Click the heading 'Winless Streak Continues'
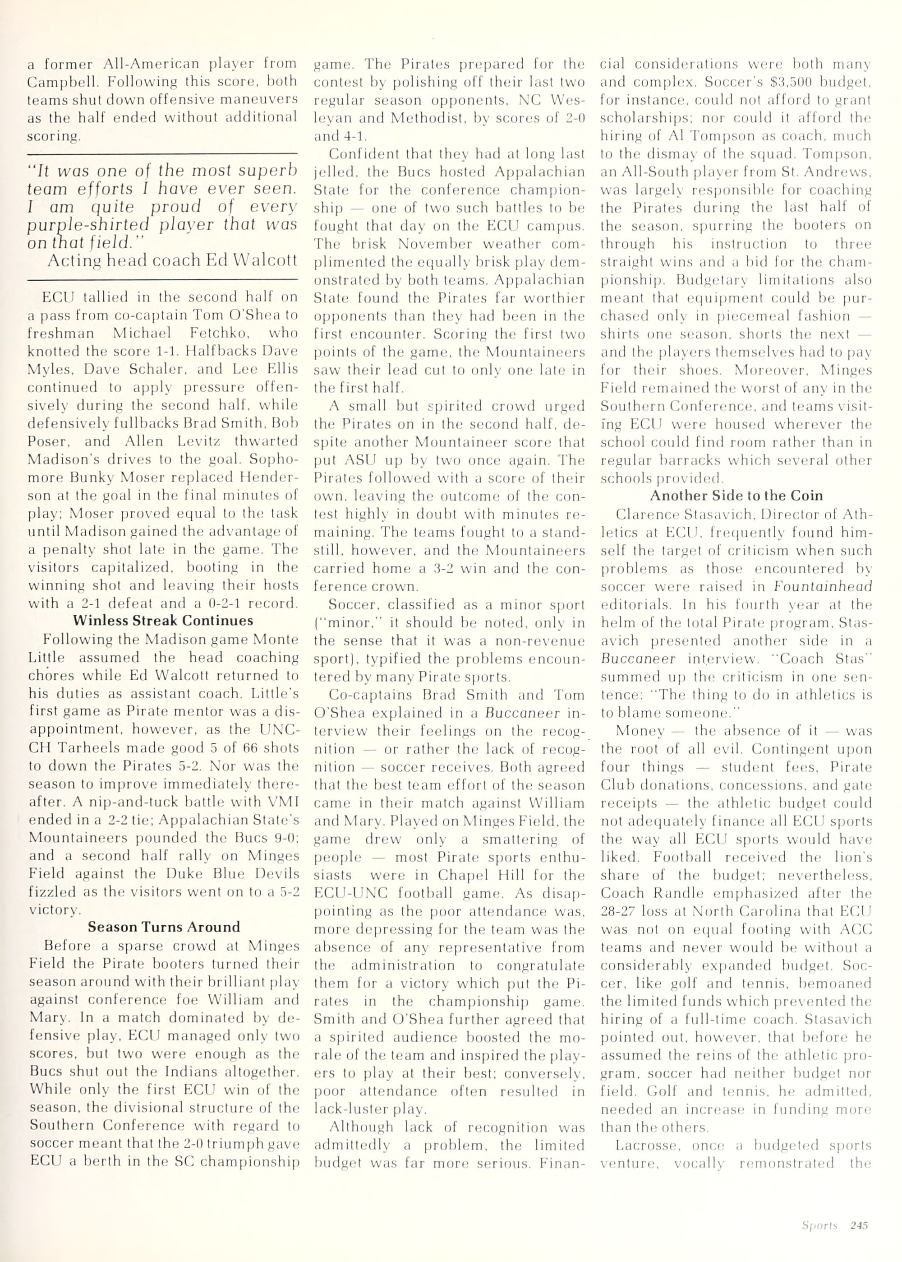point(163,621)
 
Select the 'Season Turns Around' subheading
point(164,927)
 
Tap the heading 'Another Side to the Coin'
point(736,495)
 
